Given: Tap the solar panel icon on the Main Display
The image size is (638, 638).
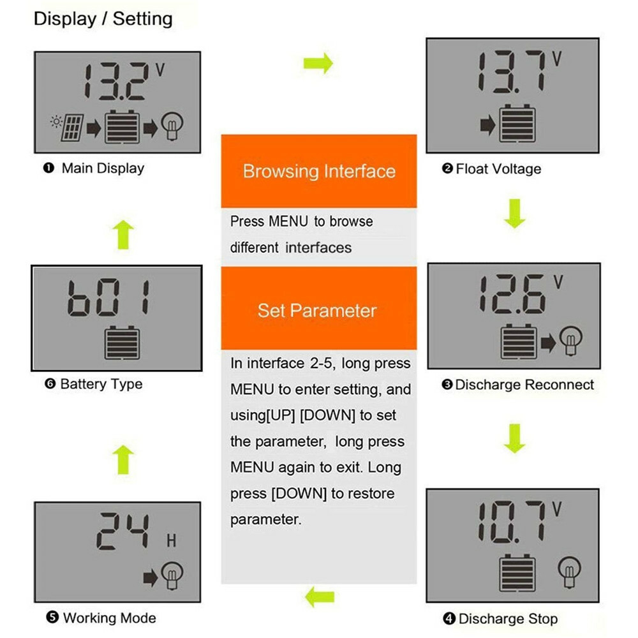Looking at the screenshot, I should (71, 128).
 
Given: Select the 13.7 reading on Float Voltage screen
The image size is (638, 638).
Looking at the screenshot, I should (511, 73).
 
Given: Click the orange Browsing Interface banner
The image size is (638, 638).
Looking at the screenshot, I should (319, 171).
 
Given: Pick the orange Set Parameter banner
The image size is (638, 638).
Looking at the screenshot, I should (317, 311).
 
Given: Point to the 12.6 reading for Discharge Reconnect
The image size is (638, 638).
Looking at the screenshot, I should (512, 294).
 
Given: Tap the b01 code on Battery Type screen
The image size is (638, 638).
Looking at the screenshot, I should (108, 297).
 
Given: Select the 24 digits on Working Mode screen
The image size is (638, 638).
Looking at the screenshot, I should (124, 531).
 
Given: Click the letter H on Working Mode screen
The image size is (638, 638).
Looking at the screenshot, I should (171, 542).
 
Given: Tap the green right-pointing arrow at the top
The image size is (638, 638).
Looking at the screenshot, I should (318, 63).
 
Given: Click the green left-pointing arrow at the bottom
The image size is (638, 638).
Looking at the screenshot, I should (319, 598).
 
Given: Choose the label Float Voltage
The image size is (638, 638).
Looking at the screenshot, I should (492, 169).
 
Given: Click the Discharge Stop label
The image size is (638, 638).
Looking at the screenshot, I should (500, 619).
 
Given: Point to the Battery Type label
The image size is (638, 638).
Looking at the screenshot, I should (94, 384).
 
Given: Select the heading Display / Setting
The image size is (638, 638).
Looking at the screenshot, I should (103, 19).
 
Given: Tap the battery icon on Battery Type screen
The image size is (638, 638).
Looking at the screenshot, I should (121, 343).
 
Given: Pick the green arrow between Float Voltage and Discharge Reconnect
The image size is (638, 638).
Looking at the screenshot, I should (514, 213).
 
